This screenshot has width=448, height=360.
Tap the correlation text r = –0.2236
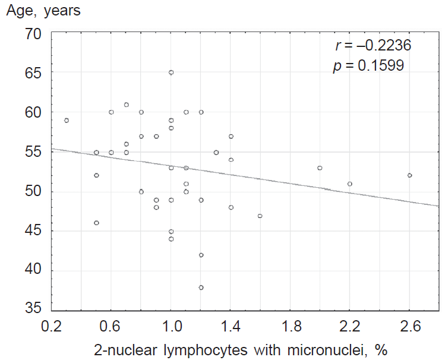point(373,46)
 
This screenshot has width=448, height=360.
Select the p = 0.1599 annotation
point(368,66)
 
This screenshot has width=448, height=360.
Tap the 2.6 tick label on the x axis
point(409,327)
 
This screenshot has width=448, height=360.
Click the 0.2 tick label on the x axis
point(52,327)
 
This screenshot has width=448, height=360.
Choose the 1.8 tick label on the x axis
point(291,327)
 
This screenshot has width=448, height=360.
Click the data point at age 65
point(171,72)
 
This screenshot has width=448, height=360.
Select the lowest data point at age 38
point(201,288)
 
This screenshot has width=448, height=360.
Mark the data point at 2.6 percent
point(409,175)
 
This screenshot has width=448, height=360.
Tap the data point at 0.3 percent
point(67,120)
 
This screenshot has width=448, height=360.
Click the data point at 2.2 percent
point(350,184)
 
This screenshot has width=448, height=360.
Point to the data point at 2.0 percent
point(320,168)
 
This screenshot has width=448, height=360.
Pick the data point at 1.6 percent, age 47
point(260,216)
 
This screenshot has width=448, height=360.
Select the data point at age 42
point(201,255)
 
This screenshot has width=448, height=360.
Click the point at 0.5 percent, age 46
point(96,223)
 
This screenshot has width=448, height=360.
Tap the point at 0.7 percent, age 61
point(126,105)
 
